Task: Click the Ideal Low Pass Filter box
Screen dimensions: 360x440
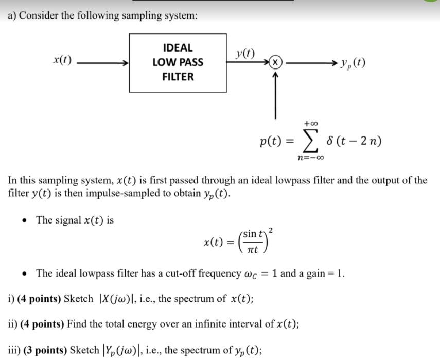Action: (x=178, y=62)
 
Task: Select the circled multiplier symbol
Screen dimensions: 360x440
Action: (x=276, y=63)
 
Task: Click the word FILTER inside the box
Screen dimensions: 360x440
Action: (x=178, y=77)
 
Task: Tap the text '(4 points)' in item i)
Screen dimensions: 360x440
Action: (x=41, y=299)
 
